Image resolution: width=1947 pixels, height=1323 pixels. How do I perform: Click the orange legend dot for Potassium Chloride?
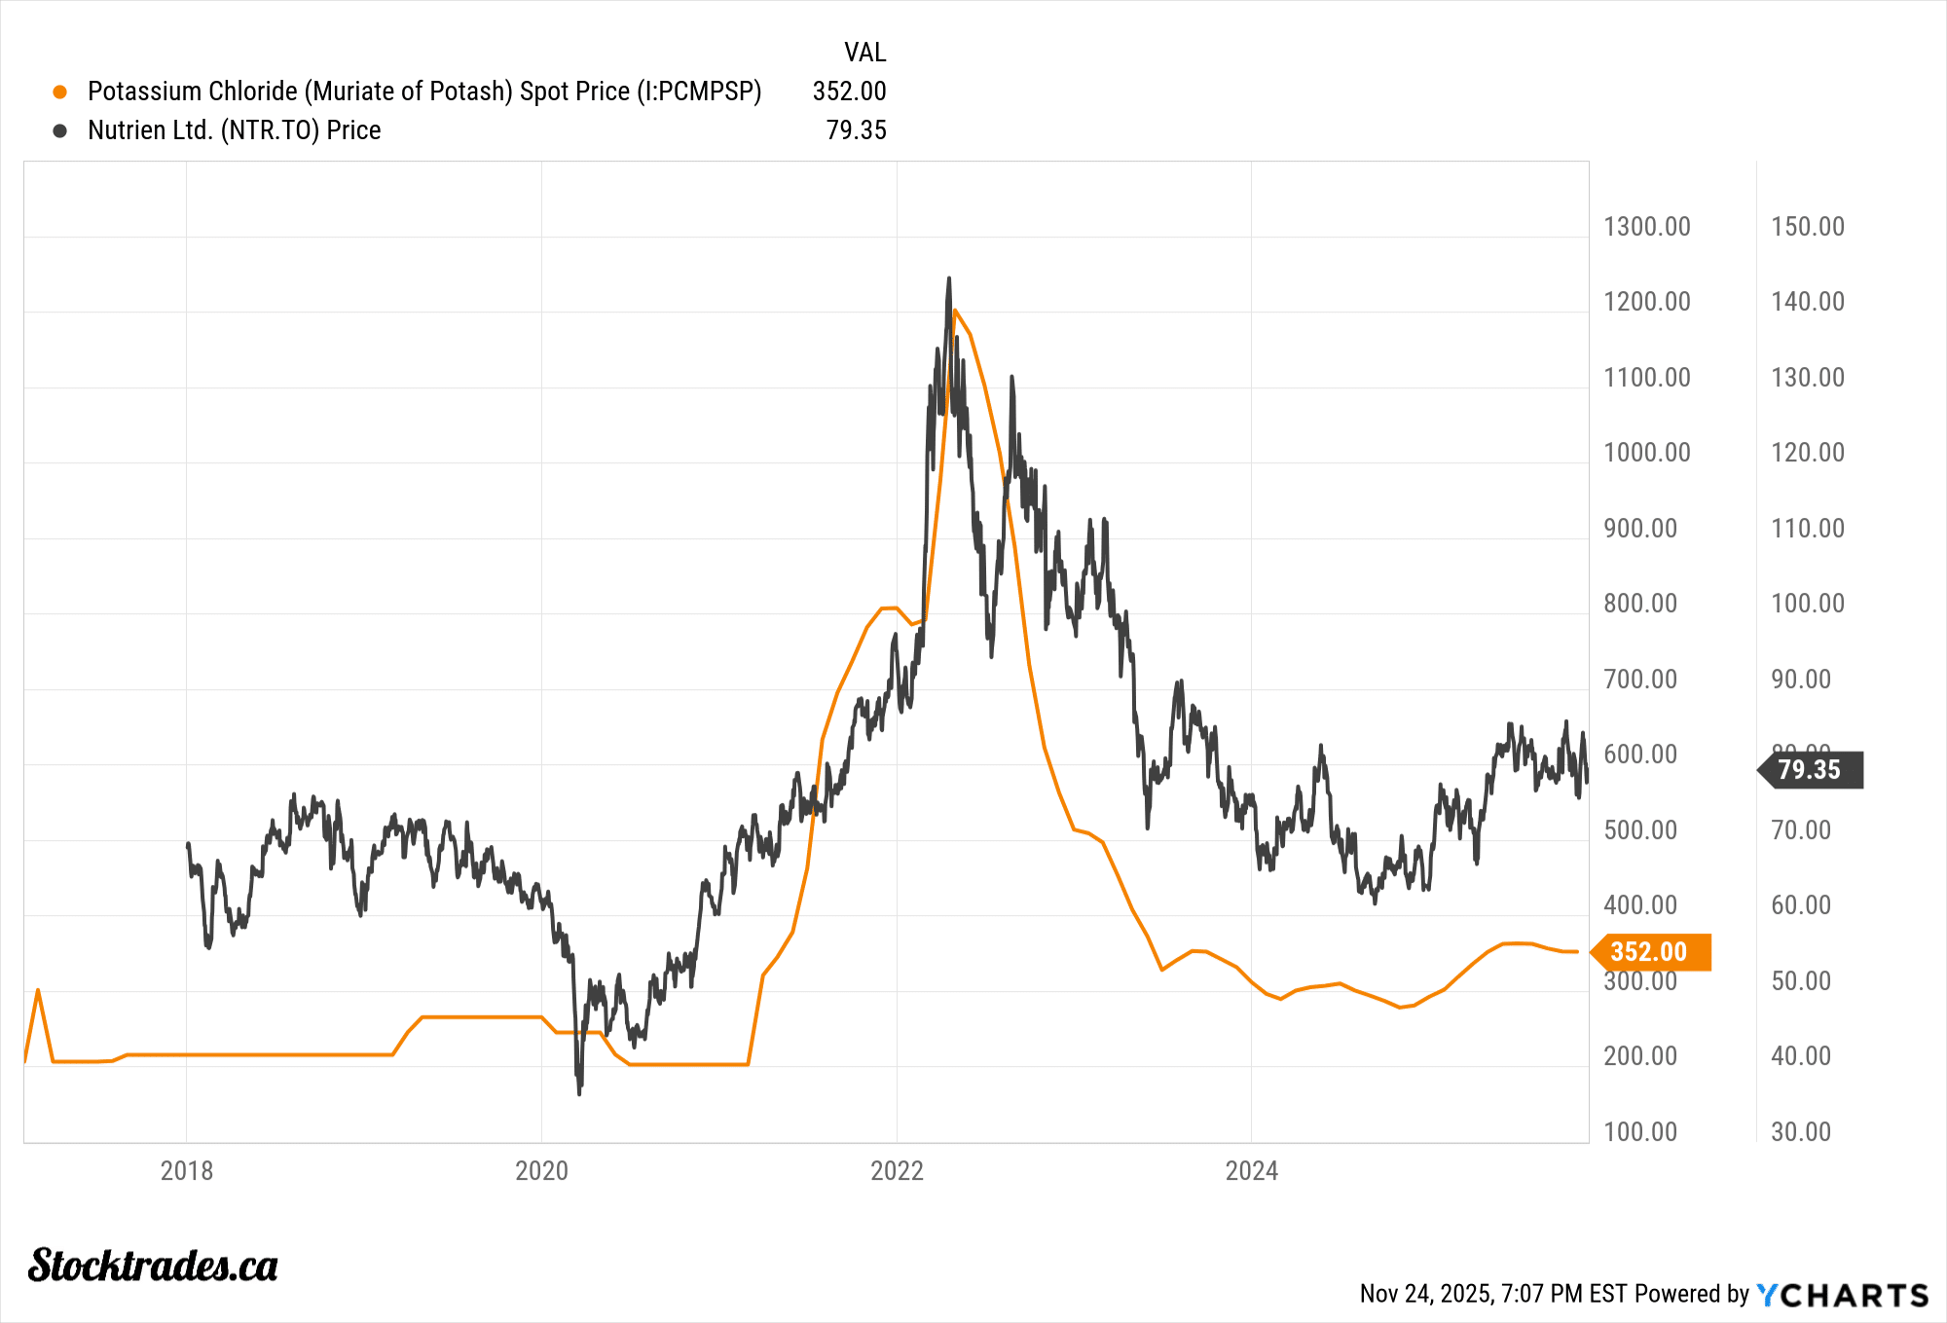coord(60,92)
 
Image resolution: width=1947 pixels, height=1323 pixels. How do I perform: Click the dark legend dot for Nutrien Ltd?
coord(60,130)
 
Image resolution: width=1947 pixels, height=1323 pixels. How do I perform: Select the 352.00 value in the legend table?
coord(849,92)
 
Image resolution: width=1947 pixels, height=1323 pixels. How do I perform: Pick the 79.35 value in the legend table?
coord(856,130)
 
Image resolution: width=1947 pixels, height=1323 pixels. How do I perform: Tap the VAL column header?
coord(864,53)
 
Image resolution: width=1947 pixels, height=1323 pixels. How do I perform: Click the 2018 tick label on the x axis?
coord(186,1170)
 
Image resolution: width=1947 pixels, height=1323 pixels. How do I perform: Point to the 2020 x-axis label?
coord(541,1170)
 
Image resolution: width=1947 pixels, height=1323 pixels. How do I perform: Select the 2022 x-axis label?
coord(897,1170)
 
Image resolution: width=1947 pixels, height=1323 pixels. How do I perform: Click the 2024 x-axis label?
coord(1251,1170)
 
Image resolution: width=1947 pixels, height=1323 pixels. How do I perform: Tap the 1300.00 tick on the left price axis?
coord(1646,227)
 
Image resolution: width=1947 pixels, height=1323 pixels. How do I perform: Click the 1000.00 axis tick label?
coord(1646,453)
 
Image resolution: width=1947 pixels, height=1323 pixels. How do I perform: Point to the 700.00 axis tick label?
coord(1640,680)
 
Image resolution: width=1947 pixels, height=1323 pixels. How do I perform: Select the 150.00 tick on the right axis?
coord(1807,227)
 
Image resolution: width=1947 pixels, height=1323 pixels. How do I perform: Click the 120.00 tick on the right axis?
coord(1807,453)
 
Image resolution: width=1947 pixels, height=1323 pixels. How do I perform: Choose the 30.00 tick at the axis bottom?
coord(1801,1132)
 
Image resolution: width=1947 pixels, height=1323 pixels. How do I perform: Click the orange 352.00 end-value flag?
coord(1650,951)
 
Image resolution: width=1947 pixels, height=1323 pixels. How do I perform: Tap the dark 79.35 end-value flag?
coord(1811,770)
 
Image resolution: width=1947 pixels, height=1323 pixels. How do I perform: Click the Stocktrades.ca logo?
coord(153,1266)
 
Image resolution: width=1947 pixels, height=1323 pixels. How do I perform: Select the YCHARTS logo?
coord(1843,1295)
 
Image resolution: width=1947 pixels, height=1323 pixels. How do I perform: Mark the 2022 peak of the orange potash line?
coord(955,311)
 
